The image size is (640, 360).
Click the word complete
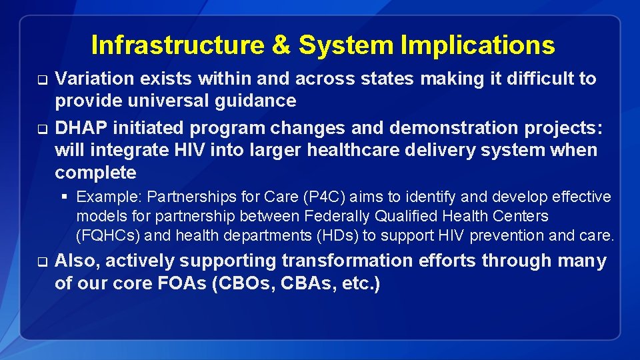click(95, 173)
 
